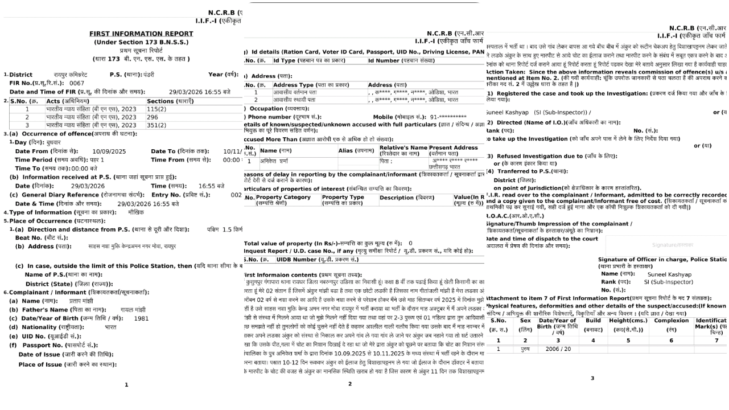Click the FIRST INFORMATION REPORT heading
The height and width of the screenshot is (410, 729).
pos(141,34)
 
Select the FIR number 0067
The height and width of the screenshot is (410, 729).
pos(76,83)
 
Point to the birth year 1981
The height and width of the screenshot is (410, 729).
pos(141,318)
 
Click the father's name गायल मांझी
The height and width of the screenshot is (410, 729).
pos(133,310)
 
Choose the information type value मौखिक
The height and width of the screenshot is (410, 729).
pos(136,212)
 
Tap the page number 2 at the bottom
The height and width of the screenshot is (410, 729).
pos(349,384)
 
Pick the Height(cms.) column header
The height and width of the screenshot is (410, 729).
pos(628,321)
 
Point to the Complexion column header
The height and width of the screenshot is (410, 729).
pos(671,321)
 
